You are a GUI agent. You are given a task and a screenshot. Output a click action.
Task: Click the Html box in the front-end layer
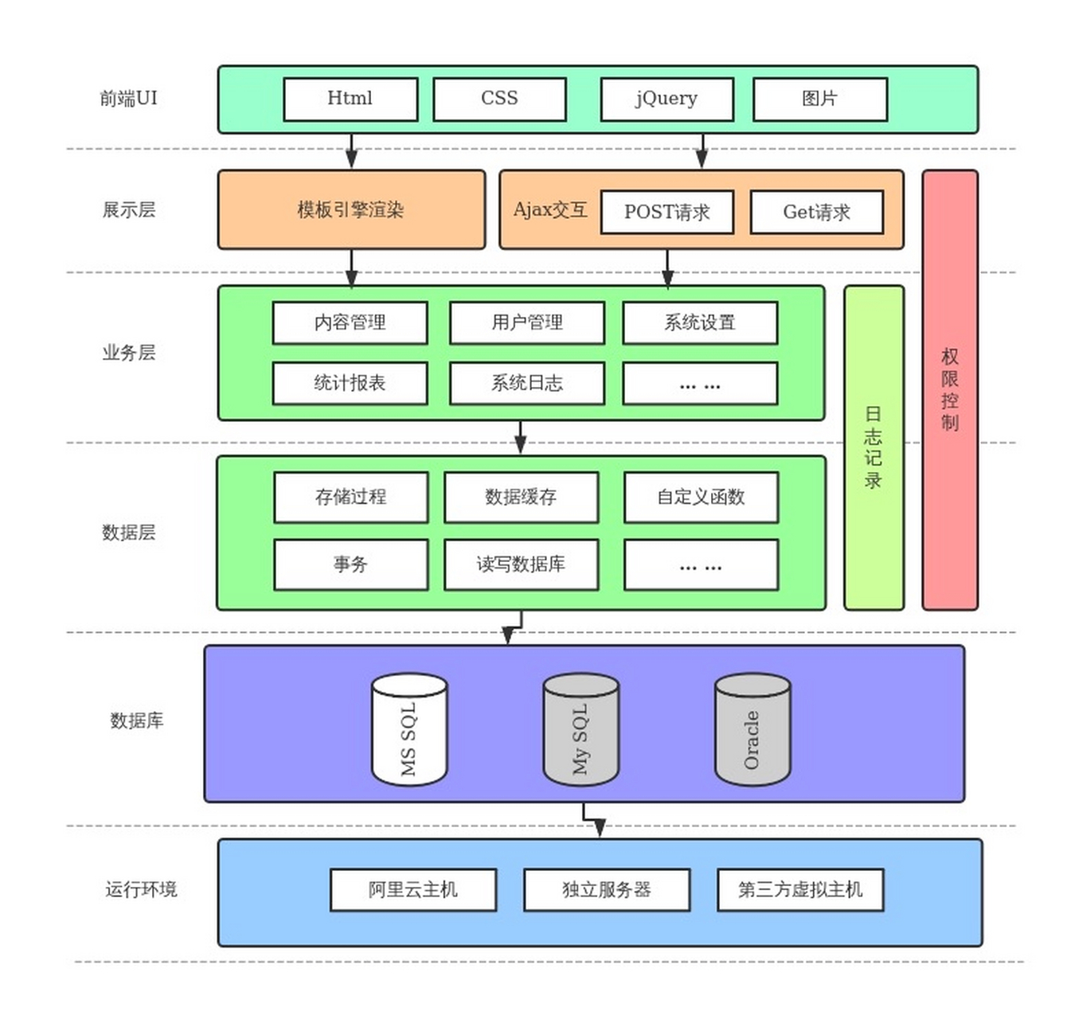point(350,99)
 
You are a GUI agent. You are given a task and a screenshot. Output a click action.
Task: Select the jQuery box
point(666,99)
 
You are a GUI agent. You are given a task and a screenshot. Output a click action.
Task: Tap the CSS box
point(499,99)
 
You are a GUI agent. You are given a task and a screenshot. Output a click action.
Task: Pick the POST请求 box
point(666,212)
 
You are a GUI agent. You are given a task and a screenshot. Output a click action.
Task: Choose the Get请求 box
point(816,212)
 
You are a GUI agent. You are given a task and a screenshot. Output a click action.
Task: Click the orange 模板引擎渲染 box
point(351,209)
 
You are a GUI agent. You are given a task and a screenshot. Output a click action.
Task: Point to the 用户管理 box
point(526,322)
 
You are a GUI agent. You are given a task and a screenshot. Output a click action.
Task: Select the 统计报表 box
point(350,383)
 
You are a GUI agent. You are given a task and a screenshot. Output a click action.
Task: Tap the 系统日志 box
point(526,383)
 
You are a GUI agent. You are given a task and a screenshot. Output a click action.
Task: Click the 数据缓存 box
point(521,497)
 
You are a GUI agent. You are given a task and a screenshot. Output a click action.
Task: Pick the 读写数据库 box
point(521,564)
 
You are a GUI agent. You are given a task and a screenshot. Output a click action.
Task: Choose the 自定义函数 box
point(701,497)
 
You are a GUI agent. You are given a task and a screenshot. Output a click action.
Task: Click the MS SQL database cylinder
point(409,729)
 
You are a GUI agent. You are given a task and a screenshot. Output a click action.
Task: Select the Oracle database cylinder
point(752,729)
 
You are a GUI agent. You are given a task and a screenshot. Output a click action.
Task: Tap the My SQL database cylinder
point(580,729)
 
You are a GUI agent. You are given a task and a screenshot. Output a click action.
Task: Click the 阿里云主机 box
point(412,889)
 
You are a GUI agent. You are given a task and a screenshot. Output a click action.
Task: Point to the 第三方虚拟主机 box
point(800,889)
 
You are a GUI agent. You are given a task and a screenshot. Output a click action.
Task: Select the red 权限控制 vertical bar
point(949,389)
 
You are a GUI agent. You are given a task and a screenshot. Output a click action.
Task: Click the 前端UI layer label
point(128,98)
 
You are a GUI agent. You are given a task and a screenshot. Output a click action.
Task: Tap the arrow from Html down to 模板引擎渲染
point(351,151)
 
